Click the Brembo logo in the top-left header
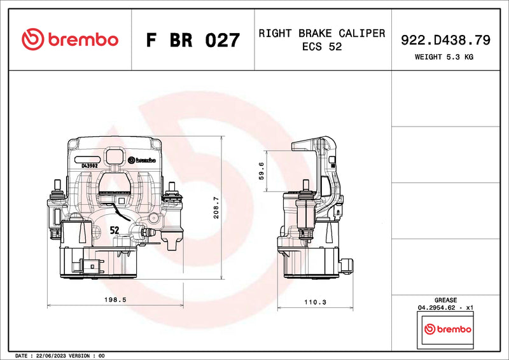69,39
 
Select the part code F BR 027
192,40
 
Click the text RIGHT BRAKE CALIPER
321,33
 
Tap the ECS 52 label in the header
321,47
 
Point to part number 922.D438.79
445,40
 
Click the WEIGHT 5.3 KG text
444,57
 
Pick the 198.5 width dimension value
116,298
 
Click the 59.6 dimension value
261,172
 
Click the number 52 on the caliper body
115,230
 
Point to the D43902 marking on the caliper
89,166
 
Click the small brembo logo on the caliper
142,160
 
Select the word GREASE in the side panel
445,300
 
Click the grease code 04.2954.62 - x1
445,307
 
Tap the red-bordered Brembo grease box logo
448,329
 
